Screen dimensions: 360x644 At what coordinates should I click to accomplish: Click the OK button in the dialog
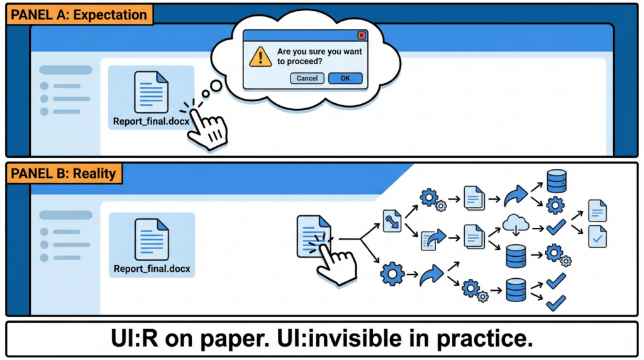(345, 79)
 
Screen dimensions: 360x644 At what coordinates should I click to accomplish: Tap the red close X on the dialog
(361, 36)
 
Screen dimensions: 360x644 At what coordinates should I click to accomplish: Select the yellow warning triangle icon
(260, 57)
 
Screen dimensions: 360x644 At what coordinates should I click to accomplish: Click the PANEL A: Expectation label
(79, 15)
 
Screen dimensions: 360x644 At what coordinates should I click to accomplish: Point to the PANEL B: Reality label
(63, 173)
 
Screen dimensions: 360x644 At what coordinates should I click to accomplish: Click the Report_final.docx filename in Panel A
(151, 121)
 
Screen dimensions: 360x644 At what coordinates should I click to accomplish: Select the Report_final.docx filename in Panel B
(152, 269)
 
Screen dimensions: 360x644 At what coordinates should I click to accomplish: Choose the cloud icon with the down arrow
(516, 225)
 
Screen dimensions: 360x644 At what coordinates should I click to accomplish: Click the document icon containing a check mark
(597, 237)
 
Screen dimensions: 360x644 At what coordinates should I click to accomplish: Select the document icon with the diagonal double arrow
(392, 222)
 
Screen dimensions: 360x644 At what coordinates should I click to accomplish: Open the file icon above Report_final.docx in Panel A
(151, 92)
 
